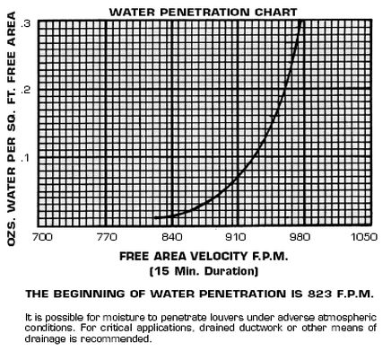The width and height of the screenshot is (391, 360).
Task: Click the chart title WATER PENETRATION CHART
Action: (x=204, y=13)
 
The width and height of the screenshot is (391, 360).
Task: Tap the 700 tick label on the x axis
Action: (x=42, y=237)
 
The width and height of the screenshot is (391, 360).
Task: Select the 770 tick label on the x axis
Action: (x=107, y=237)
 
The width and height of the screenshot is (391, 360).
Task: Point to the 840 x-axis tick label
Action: (x=172, y=237)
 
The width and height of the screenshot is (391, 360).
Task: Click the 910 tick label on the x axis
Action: (x=236, y=237)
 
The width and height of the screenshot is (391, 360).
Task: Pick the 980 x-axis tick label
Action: (x=300, y=237)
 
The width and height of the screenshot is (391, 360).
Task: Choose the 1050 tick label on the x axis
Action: (x=364, y=237)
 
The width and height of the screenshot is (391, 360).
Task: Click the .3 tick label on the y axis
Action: (x=26, y=23)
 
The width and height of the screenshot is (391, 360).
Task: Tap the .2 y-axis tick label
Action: (x=26, y=90)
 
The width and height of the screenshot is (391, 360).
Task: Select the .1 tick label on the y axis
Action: (x=26, y=157)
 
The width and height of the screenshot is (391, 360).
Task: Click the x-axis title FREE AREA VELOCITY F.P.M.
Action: (x=204, y=257)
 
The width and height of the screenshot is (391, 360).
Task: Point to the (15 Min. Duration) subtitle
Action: (x=204, y=271)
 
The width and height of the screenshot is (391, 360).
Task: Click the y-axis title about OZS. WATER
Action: (x=12, y=129)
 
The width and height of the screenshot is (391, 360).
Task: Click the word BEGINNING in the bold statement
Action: (x=90, y=294)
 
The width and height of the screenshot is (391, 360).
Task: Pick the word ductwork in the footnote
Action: (x=260, y=328)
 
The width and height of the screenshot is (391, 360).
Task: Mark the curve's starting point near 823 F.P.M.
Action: (x=154, y=217)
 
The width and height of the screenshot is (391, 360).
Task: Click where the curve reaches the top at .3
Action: (x=300, y=21)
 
